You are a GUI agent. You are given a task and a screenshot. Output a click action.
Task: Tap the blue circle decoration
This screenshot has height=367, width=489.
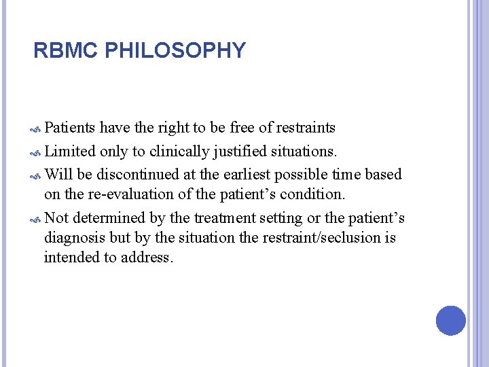tap(450, 320)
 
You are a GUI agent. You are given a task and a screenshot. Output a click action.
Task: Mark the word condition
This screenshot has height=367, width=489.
tap(310, 194)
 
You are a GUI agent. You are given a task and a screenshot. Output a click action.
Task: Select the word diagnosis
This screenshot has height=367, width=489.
tap(73, 238)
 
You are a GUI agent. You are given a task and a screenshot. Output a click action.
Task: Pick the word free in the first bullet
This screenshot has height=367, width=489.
tap(242, 128)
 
